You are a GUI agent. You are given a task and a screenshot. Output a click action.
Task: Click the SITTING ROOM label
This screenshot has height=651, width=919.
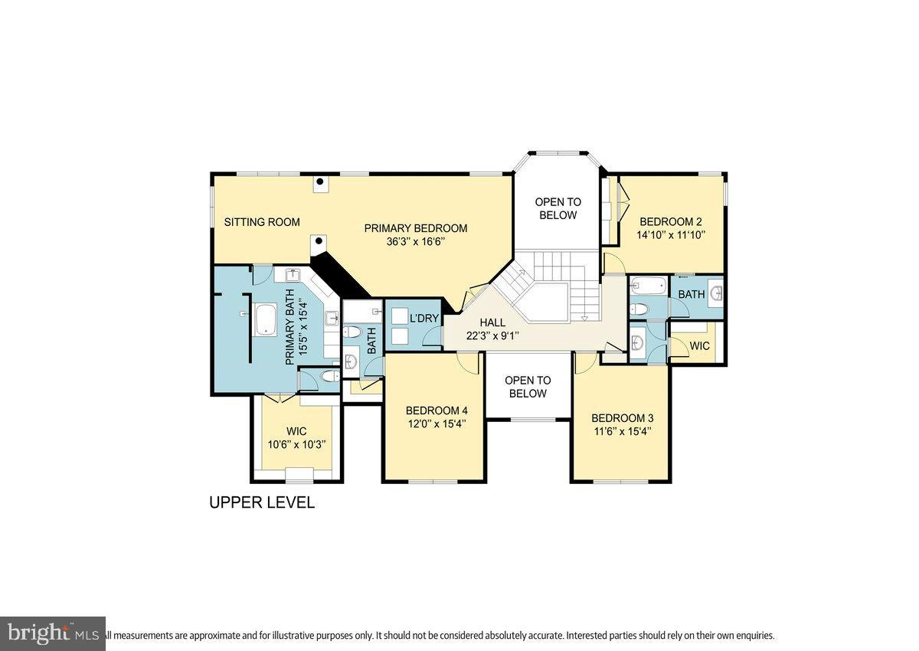click(x=262, y=222)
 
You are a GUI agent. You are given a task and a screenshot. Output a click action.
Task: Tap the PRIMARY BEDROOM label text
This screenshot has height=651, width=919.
click(x=415, y=228)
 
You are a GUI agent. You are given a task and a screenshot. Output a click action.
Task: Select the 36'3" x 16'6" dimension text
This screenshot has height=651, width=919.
click(x=415, y=242)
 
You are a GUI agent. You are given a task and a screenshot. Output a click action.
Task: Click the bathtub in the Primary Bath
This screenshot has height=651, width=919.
click(x=266, y=319)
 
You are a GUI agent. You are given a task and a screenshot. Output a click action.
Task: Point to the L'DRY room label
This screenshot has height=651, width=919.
click(x=423, y=318)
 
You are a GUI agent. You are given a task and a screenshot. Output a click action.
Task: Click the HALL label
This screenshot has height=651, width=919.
click(x=492, y=322)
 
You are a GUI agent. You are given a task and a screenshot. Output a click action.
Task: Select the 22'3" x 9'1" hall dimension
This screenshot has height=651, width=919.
click(x=492, y=335)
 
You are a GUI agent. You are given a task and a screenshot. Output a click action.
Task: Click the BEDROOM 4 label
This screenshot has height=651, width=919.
click(x=436, y=410)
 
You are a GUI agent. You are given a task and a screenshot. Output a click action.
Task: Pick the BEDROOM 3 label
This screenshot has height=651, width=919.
click(x=622, y=418)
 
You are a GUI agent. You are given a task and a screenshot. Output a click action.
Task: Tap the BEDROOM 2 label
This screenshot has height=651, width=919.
click(x=670, y=221)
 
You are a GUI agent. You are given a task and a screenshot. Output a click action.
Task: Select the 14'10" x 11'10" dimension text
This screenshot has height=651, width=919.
click(x=670, y=234)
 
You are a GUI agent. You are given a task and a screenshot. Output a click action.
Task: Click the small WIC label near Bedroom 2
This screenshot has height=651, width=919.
click(x=699, y=346)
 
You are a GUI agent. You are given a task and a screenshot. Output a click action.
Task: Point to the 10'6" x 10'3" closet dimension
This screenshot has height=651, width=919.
click(x=296, y=444)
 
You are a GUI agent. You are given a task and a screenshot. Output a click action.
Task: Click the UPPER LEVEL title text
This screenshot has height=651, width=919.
click(x=262, y=503)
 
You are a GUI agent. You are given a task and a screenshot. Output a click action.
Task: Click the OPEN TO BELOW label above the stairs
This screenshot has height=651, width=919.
click(x=558, y=208)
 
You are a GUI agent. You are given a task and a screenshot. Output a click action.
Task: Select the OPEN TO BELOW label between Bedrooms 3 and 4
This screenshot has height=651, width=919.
click(x=528, y=387)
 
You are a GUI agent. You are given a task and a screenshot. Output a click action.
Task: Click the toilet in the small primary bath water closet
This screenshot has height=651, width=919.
click(x=329, y=377)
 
